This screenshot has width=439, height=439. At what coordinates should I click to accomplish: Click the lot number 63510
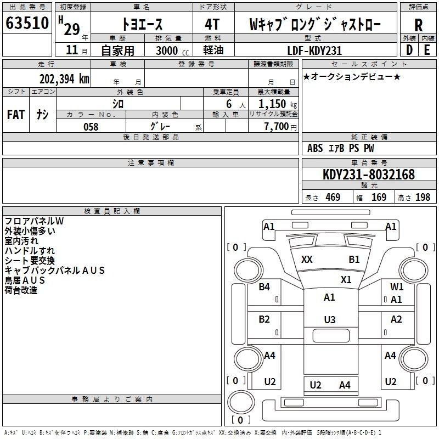(27, 23)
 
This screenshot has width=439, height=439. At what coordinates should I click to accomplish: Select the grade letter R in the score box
(418, 25)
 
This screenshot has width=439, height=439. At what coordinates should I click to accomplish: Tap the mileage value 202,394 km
(64, 79)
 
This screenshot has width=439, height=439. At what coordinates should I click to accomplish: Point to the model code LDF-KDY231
(314, 50)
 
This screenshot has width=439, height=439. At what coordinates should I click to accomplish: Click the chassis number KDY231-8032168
(369, 175)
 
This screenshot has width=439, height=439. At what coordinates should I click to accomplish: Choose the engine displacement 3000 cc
(172, 50)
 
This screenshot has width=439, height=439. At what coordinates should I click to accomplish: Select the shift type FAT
(16, 115)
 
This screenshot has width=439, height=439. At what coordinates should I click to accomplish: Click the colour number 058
(91, 127)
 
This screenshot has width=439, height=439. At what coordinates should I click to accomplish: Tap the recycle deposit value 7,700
(277, 127)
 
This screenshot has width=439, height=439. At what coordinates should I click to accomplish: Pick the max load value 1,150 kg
(278, 104)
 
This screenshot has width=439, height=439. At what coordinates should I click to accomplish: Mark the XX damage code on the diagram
(307, 259)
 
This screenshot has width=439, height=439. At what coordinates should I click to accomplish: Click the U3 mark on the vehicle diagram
(330, 319)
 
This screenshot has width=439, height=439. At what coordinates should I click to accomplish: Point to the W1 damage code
(397, 286)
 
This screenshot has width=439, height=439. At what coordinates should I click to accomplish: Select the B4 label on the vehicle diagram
(264, 286)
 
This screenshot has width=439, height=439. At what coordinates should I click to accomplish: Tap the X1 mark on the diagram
(346, 279)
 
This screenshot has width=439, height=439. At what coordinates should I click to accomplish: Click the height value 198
(423, 197)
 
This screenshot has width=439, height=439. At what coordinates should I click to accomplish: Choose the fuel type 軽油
(213, 50)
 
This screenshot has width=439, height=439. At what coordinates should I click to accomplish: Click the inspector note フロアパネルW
(34, 221)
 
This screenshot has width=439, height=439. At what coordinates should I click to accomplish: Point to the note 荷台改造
(21, 290)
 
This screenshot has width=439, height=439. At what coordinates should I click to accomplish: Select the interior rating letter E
(427, 50)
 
